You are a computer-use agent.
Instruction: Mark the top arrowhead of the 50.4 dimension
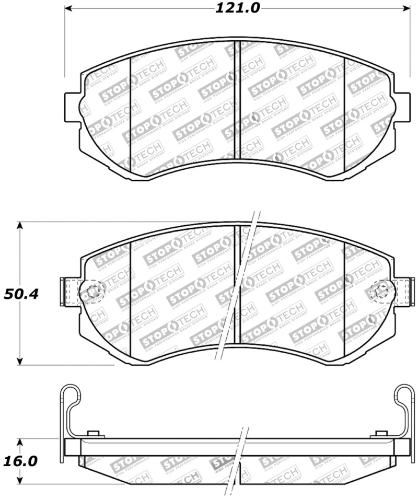tap(20, 225)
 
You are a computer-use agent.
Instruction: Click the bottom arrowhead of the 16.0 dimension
tap(20, 481)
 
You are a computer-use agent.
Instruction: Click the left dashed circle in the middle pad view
tap(93, 291)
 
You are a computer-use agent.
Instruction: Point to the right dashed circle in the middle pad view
tap(380, 291)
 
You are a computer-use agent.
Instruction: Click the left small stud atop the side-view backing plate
tap(94, 434)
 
